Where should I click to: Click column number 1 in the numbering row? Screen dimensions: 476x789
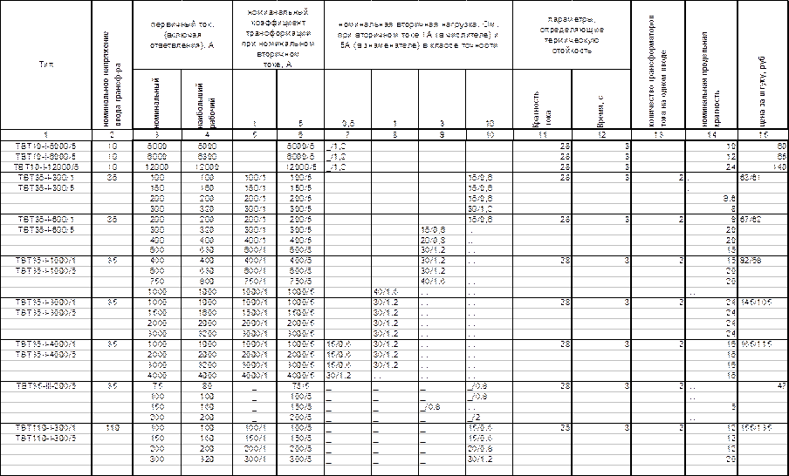coord(44,134)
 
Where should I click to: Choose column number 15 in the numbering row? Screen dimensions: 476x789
coord(765,134)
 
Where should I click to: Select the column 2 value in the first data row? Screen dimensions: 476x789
coord(112,144)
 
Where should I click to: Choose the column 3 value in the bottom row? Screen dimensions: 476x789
coord(158,459)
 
